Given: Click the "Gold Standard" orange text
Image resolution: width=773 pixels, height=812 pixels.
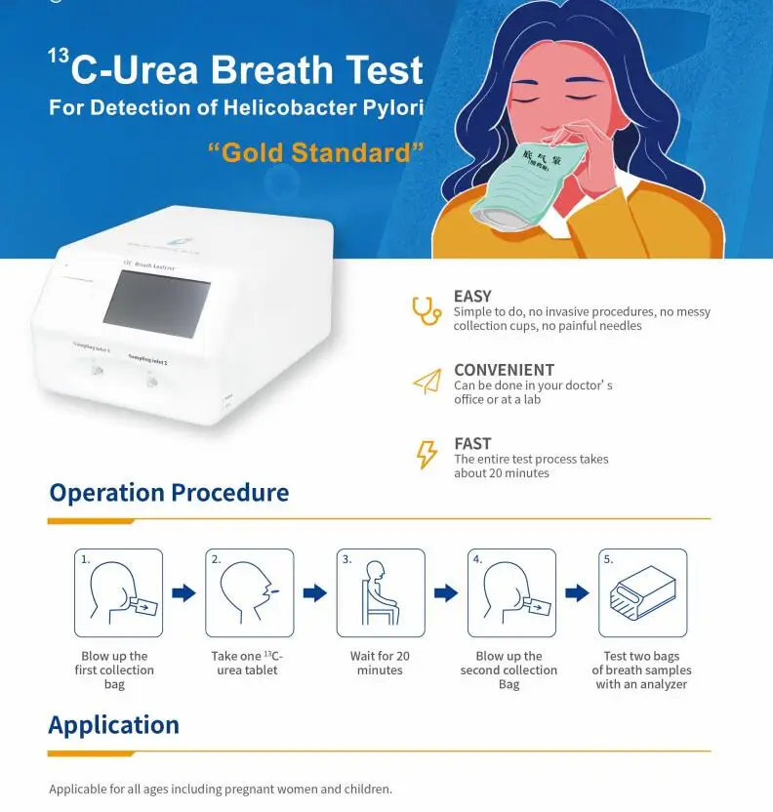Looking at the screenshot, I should point(316,153).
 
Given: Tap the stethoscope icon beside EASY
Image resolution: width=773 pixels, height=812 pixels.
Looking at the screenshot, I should point(426,310).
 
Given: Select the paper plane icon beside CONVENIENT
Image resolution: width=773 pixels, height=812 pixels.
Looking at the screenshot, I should point(427,382).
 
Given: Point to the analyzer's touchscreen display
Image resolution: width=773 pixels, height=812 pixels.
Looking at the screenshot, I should point(156,304).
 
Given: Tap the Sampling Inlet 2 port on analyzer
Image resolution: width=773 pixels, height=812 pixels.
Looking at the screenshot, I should point(152,380).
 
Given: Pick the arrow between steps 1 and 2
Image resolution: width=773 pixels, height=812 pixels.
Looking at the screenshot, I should point(183,592).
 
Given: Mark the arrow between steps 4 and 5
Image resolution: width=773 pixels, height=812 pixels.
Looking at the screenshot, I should point(577,592).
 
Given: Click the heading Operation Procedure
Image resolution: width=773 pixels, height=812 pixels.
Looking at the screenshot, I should point(169,493).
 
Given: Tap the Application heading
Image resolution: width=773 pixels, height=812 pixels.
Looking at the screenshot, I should point(113,725).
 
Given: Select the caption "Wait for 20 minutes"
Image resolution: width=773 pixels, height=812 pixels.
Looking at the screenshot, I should point(380,664).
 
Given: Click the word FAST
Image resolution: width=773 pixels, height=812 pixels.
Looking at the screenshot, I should point(472,443).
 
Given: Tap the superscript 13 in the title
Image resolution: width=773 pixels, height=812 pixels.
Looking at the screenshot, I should point(58,57).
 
